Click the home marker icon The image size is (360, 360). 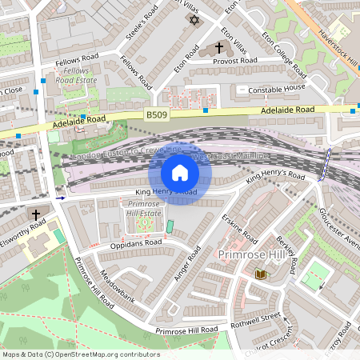[x=180, y=172]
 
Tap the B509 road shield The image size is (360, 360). [x=157, y=116]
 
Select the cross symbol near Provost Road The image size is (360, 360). [x=219, y=48]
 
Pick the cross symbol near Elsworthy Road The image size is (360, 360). [x=35, y=214]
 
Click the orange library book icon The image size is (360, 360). [x=260, y=274]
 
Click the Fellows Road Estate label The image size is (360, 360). [x=77, y=76]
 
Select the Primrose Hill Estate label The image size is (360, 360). [x=145, y=209]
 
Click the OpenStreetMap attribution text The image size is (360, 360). [x=80, y=354]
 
